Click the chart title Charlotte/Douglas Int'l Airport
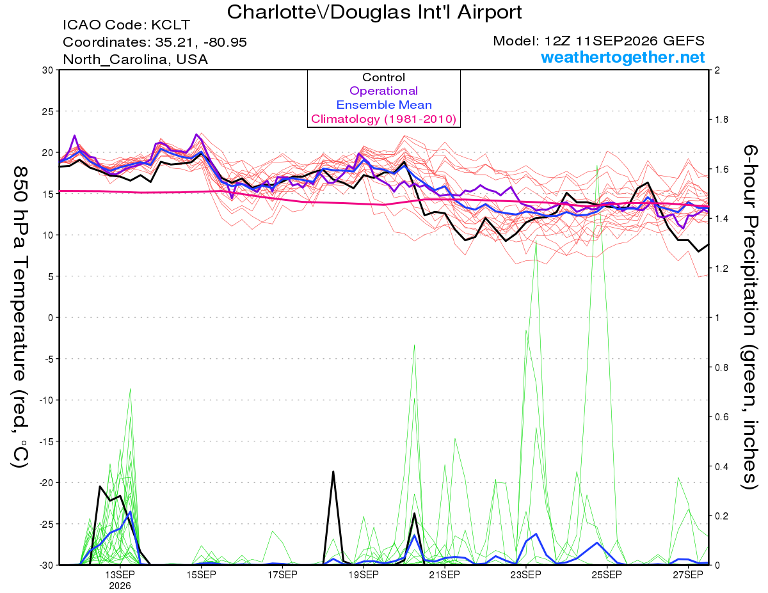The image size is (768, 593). click(x=374, y=12)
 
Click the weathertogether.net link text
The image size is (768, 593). click(x=623, y=57)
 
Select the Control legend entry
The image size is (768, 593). click(x=383, y=77)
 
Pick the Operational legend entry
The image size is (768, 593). click(x=383, y=91)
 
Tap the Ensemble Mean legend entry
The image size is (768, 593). click(x=384, y=105)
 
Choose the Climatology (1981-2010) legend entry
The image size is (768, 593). click(x=384, y=119)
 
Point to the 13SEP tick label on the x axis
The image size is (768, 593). click(x=120, y=574)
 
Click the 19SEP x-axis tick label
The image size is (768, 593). click(x=364, y=574)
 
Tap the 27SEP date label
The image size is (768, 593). click(x=688, y=574)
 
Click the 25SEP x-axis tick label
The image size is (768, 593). click(x=607, y=574)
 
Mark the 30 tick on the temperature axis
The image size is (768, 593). click(x=48, y=70)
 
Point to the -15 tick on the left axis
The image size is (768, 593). click(x=45, y=441)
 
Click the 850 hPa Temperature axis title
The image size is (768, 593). click(x=20, y=317)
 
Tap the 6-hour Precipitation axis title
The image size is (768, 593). click(x=750, y=317)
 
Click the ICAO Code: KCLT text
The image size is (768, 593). click(x=127, y=25)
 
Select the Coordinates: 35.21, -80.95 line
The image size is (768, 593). click(x=155, y=42)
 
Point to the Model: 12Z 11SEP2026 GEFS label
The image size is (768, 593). click(x=598, y=41)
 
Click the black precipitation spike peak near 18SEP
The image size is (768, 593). click(x=333, y=471)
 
